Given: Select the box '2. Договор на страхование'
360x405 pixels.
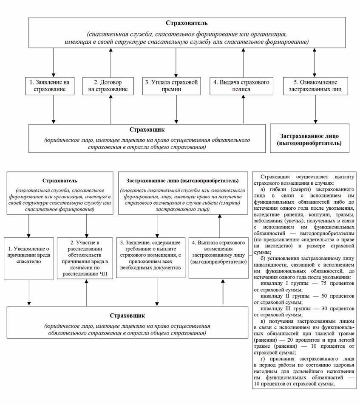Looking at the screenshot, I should pos(111,86).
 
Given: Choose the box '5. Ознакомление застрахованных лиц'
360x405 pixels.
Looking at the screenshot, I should pos(315,86).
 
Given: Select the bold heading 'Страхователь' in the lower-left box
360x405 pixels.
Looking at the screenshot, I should pos(60,181).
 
